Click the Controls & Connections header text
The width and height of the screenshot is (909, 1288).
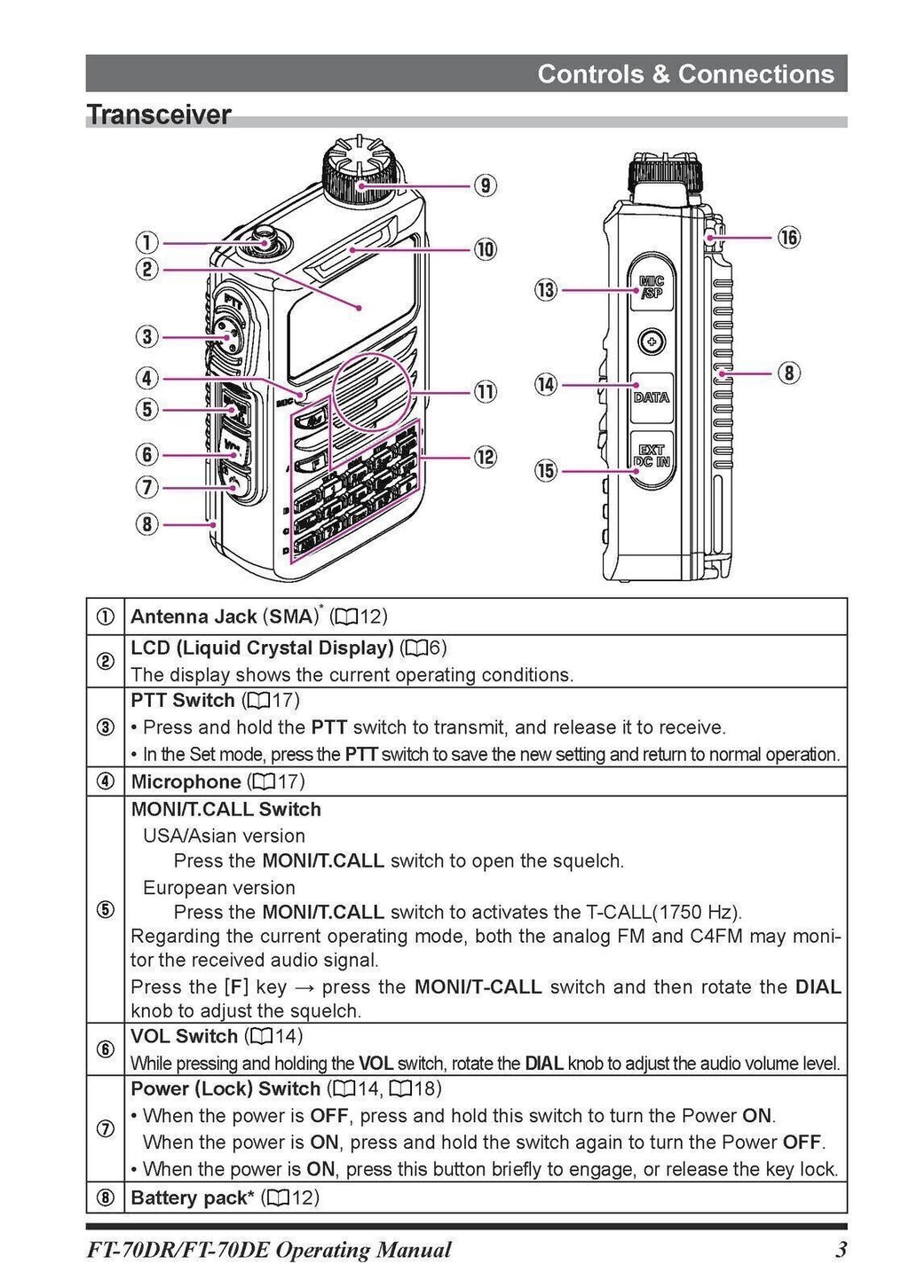685,74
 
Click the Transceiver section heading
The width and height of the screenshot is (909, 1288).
159,115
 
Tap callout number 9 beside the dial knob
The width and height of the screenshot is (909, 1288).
485,185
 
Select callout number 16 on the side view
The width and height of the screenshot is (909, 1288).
788,237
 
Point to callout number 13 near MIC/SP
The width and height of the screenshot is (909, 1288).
545,289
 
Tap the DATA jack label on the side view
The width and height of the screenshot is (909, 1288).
652,397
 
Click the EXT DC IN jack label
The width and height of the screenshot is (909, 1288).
652,457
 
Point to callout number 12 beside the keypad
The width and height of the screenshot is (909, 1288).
485,457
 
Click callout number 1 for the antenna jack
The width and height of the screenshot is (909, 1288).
146,242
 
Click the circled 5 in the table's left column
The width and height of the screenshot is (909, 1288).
105,910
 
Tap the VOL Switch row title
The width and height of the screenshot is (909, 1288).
185,1036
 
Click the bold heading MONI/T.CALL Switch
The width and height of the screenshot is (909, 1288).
225,809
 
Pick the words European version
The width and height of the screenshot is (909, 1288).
218,888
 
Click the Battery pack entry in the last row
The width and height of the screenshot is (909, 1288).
190,1198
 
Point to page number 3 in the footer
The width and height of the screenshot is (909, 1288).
841,1251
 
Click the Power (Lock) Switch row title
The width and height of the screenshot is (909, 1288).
225,1088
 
